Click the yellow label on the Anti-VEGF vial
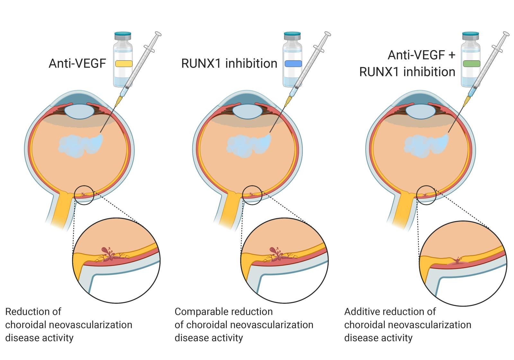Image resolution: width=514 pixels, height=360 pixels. click(x=124, y=63)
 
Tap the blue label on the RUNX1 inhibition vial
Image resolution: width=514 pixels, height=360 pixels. click(x=293, y=63)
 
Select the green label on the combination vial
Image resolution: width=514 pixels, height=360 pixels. click(x=471, y=63)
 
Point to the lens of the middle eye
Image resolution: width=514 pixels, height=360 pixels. click(x=247, y=111)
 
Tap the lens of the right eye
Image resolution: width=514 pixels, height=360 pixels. click(x=421, y=111)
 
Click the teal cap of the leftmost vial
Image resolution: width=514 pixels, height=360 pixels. click(x=123, y=33)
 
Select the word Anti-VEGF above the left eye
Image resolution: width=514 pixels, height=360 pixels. click(x=77, y=63)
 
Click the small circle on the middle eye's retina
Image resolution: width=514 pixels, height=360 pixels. click(x=252, y=195)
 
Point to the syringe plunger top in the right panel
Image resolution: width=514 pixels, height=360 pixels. click(x=506, y=34)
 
